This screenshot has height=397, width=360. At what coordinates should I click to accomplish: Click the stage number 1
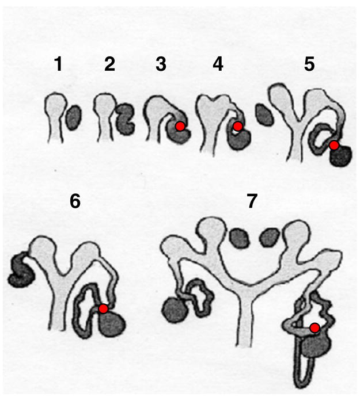[x=59, y=64]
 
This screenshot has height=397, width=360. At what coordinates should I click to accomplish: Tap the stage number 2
[x=110, y=64]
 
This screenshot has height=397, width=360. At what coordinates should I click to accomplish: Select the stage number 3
[x=161, y=64]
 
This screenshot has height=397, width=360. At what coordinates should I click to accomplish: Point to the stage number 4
[x=218, y=64]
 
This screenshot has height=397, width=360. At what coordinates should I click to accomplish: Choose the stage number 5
[x=309, y=64]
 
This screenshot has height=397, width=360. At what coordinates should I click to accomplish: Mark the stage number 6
[x=75, y=201]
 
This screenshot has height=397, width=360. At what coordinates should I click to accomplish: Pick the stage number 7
[x=252, y=201]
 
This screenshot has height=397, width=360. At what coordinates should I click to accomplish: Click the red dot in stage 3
[x=180, y=126]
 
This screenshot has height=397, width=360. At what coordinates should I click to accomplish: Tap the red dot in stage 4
[x=238, y=126]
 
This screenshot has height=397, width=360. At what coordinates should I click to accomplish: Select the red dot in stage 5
[x=334, y=146]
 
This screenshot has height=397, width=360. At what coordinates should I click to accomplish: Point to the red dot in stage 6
[x=103, y=309]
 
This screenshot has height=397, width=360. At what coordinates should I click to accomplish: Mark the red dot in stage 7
[x=315, y=328]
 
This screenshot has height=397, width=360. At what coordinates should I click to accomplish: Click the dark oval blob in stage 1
[x=74, y=118]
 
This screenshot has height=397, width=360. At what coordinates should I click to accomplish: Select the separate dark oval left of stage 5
[x=264, y=116]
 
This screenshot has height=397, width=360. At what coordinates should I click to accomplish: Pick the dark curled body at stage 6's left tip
[x=21, y=270]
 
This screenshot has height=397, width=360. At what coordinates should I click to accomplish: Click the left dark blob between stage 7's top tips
[x=239, y=238]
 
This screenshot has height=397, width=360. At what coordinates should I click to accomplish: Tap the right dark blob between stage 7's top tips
[x=270, y=238]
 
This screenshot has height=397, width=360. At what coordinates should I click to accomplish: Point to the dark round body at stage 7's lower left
[x=175, y=310]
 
